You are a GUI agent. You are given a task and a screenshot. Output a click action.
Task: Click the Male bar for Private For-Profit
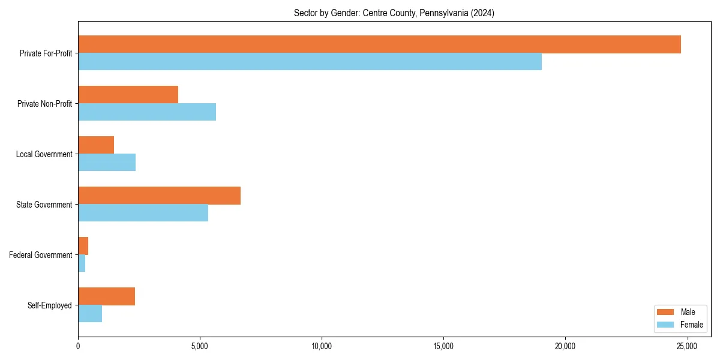379,44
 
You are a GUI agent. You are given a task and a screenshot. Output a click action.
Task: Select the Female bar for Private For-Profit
310,62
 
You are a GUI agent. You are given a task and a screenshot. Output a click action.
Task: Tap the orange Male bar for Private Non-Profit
128,95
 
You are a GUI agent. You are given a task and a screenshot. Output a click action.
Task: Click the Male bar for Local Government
96,145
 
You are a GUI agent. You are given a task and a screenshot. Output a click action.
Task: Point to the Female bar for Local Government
107,163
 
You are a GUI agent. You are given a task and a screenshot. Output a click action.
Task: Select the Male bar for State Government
159,196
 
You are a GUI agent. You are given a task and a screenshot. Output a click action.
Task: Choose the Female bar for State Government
143,213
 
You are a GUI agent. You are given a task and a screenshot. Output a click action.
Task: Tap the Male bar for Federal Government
83,246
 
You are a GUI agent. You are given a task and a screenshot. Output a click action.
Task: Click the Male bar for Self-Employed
106,296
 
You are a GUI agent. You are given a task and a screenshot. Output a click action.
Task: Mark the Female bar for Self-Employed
90,314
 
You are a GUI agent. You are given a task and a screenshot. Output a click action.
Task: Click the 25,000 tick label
686,346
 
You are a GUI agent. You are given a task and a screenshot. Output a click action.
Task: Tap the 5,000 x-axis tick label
200,346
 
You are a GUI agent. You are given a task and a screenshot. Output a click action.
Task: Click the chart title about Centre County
394,13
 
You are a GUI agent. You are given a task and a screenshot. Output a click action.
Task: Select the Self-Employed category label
50,305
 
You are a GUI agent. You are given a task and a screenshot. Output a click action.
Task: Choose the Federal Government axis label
41,255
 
